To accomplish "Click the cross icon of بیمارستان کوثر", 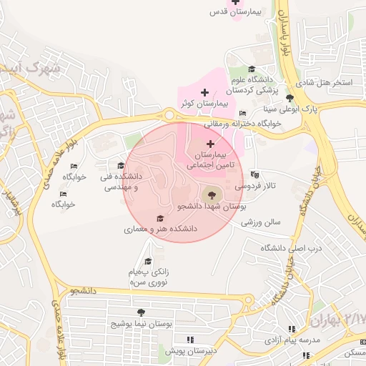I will [205, 93].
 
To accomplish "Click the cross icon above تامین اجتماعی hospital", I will [209, 144].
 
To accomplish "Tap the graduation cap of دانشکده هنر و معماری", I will [160, 219].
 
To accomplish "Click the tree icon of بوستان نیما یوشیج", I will [141, 312].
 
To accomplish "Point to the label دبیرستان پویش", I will [190, 351].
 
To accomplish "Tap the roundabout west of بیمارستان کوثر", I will [169, 114].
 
